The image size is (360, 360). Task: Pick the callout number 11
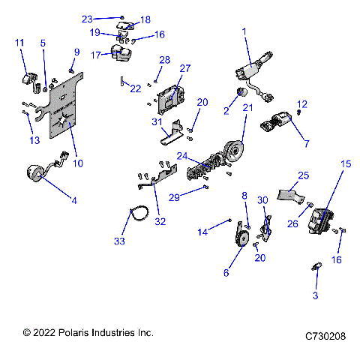(x=19, y=43)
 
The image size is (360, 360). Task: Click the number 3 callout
(x=316, y=295)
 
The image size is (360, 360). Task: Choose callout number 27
(x=184, y=68)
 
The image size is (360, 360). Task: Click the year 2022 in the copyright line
(x=46, y=332)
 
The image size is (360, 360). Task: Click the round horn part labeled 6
(x=241, y=243)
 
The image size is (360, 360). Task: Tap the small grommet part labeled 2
(x=242, y=92)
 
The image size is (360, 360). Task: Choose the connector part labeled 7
(x=276, y=124)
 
